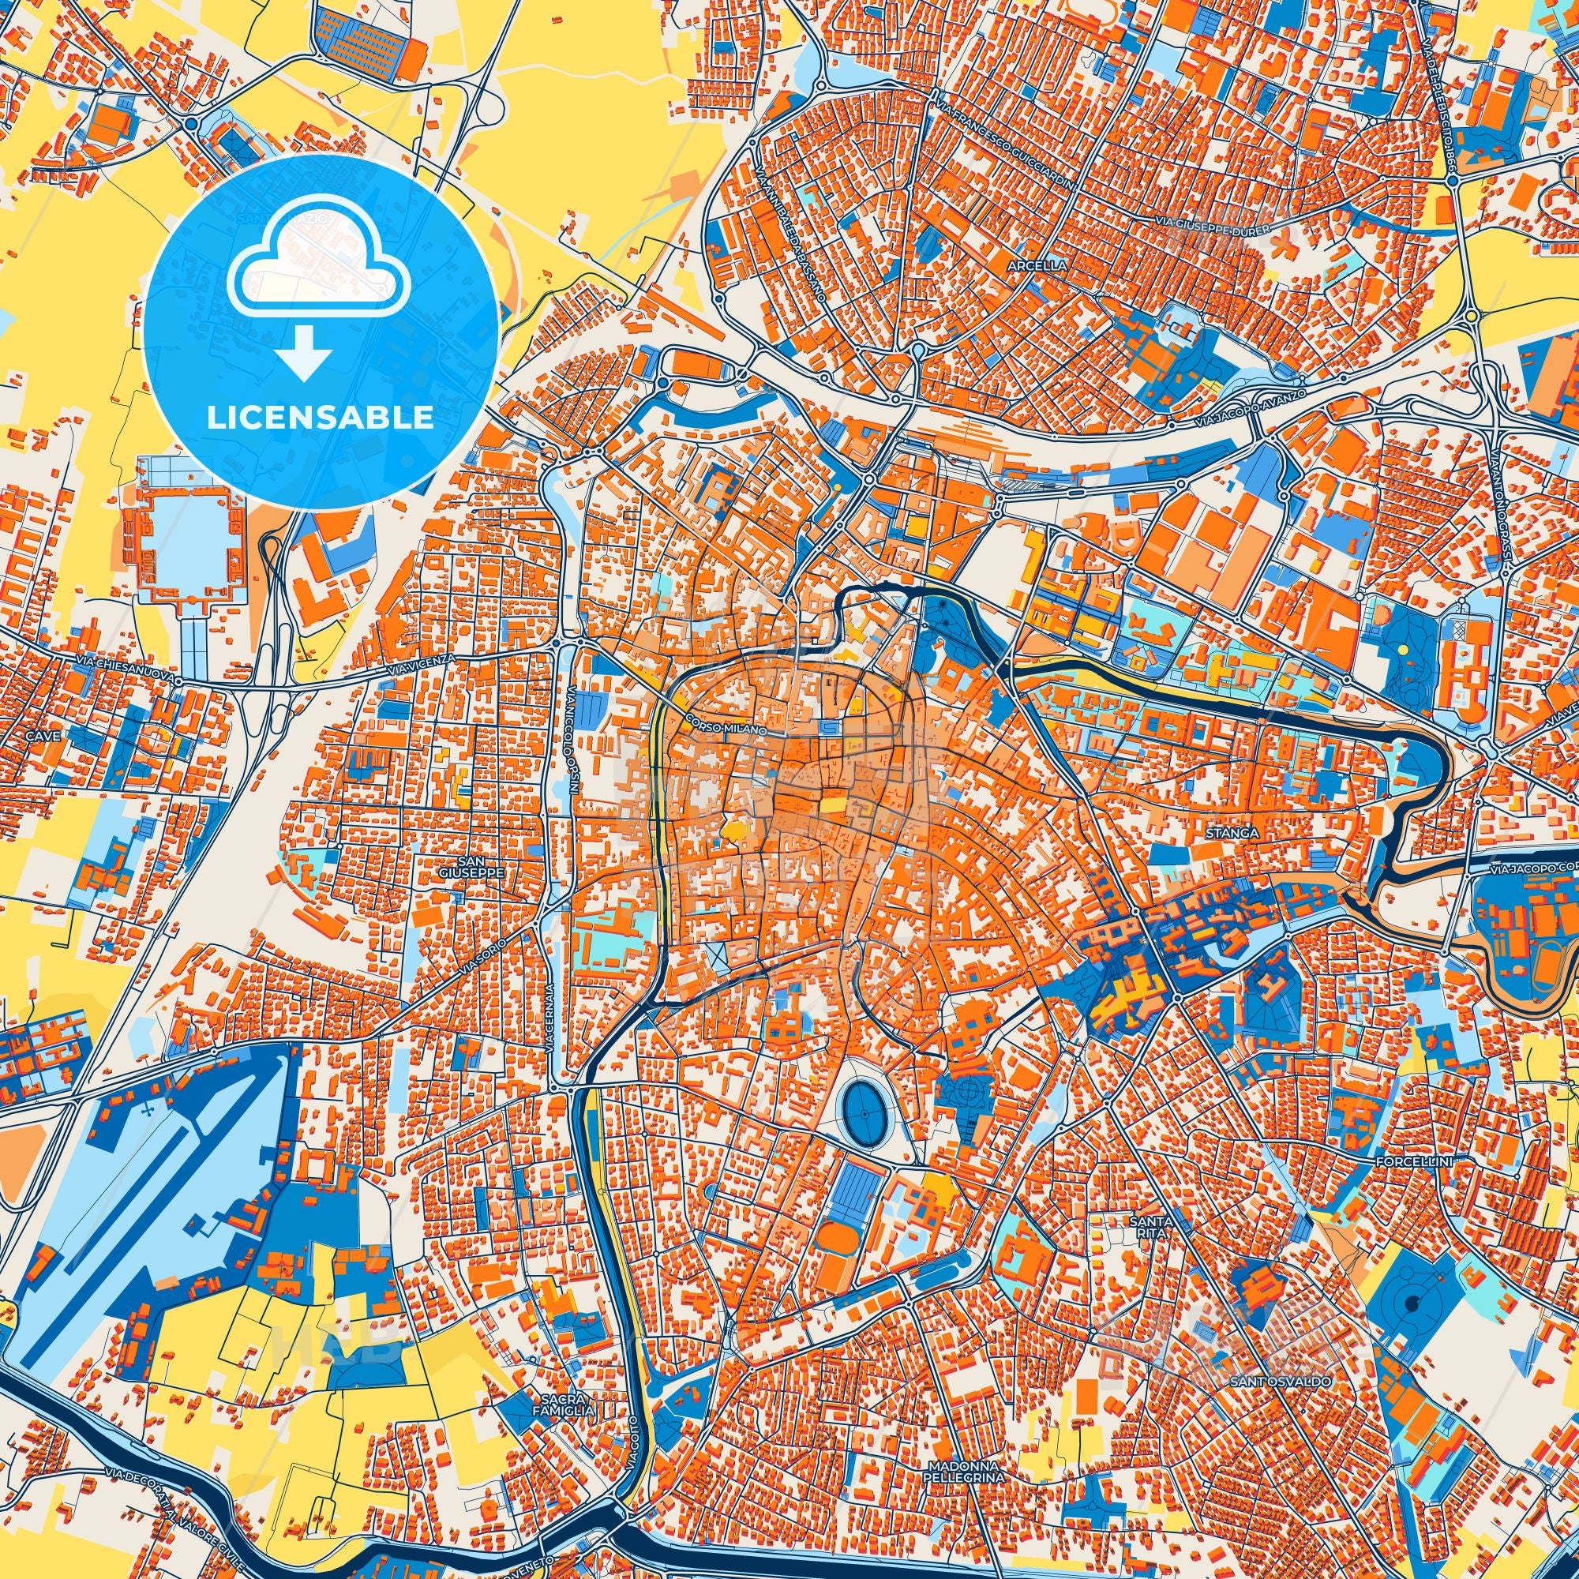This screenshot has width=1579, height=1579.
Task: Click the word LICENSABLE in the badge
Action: (321, 418)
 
